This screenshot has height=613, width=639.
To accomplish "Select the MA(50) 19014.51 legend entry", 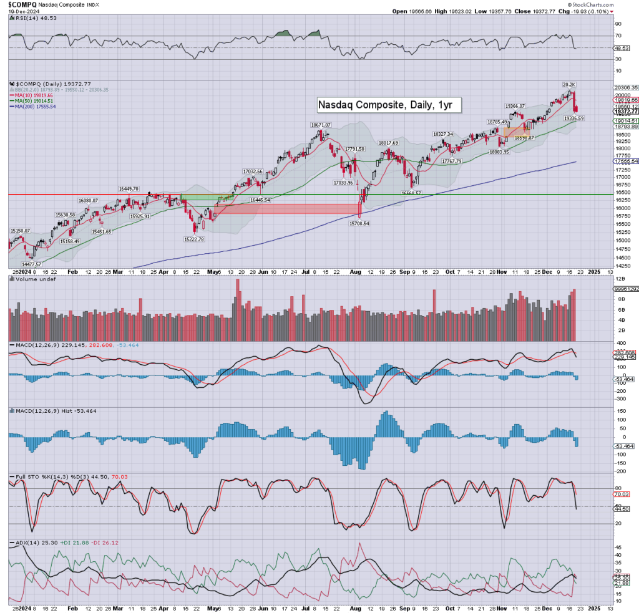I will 30,100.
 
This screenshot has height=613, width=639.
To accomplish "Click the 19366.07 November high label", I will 517,106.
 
